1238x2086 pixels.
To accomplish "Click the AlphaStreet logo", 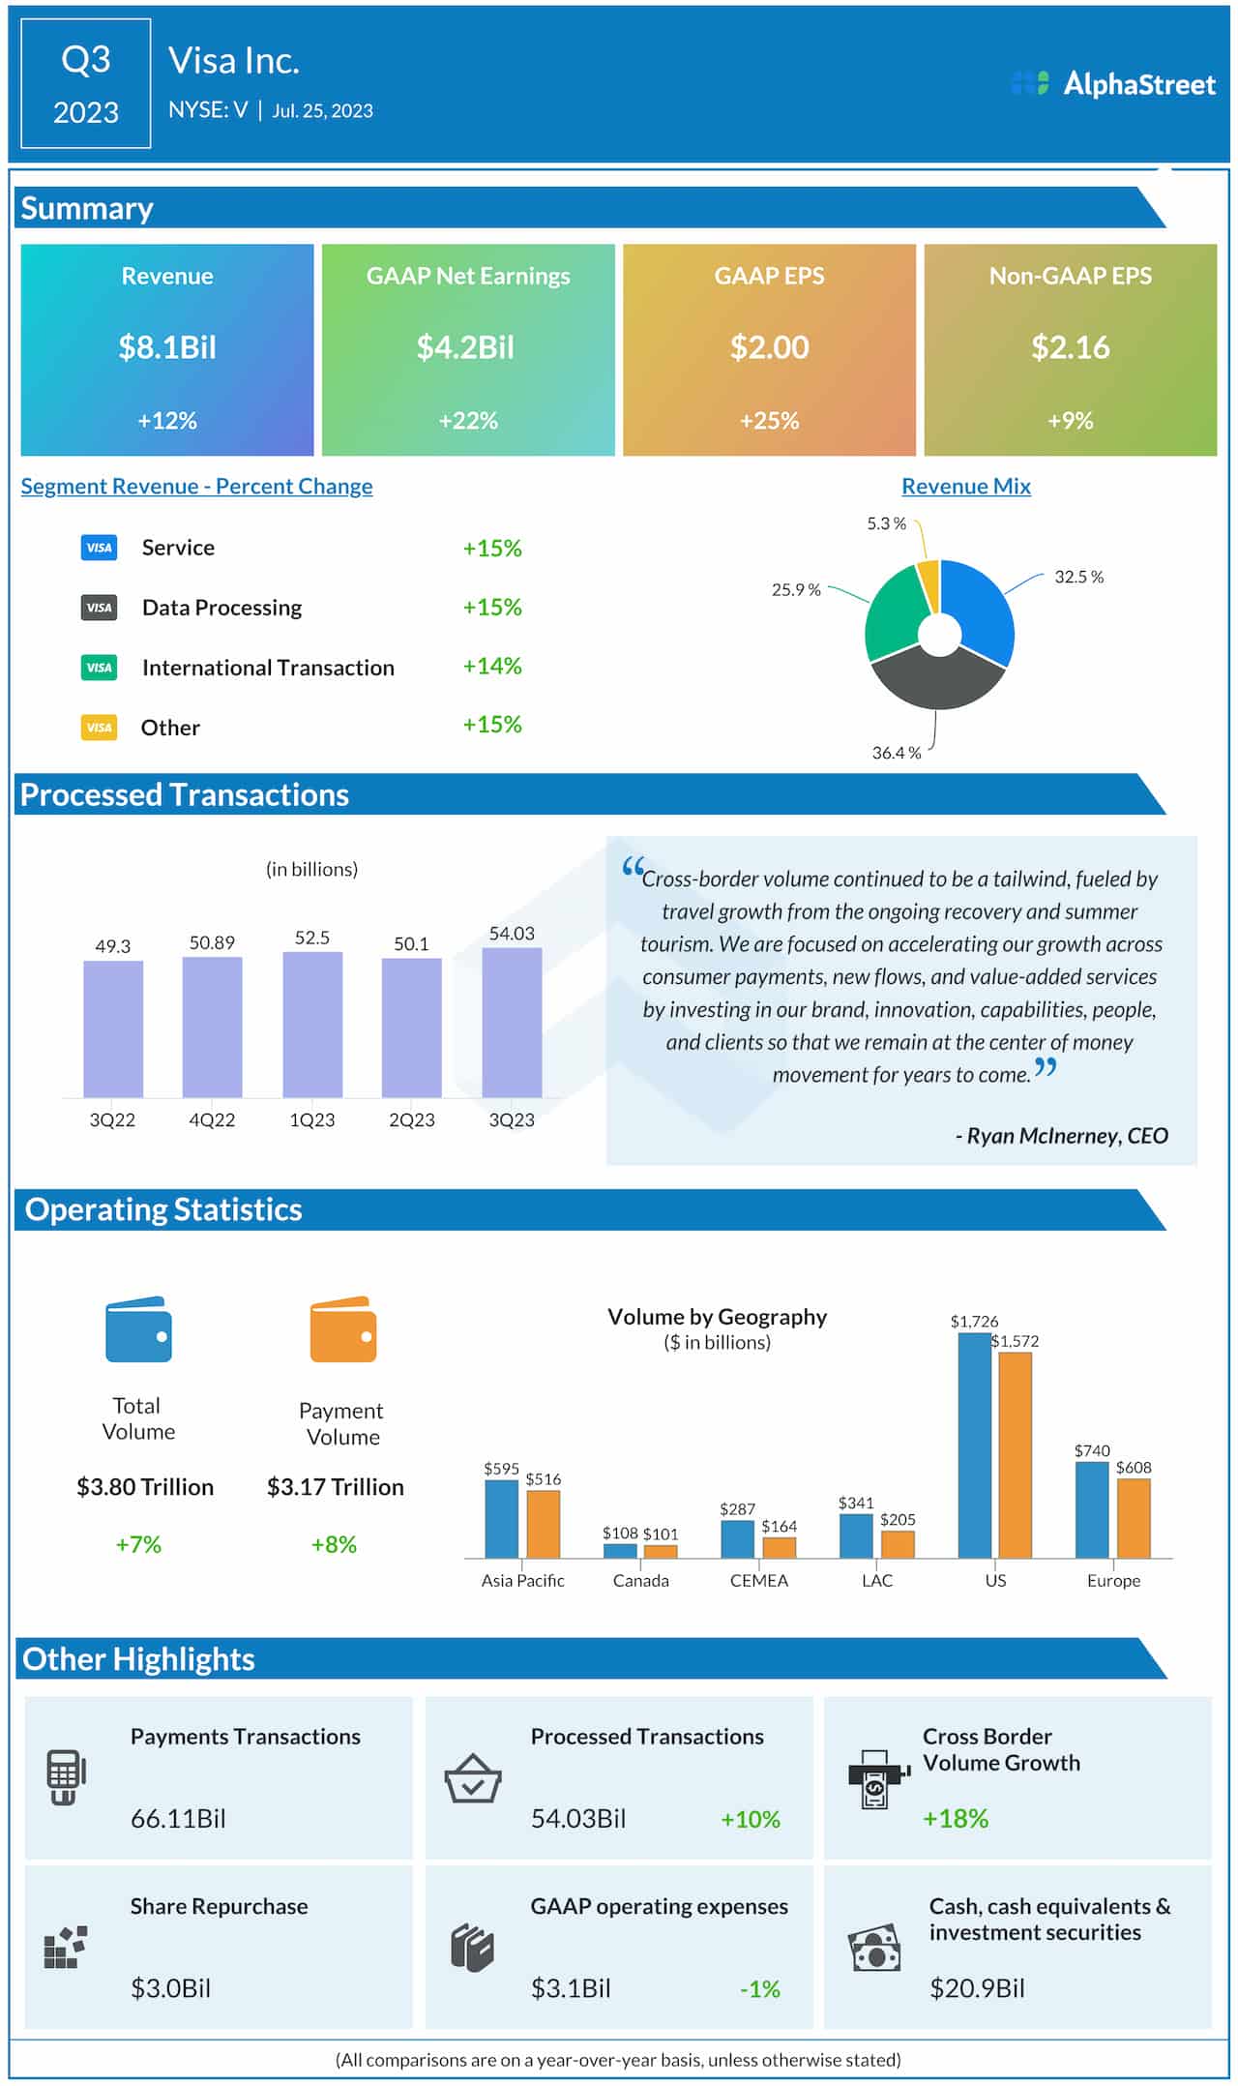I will (x=1112, y=84).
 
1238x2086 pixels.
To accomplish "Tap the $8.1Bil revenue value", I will (x=167, y=347).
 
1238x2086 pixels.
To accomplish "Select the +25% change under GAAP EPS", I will (x=769, y=421).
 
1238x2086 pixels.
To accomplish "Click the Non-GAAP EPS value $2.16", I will (x=1070, y=347).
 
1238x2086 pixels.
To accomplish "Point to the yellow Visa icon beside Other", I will (x=99, y=728).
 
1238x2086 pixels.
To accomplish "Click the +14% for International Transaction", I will (x=491, y=667).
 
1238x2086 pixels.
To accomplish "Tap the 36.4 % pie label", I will (x=896, y=753).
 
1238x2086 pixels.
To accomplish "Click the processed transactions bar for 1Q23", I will (x=312, y=1025).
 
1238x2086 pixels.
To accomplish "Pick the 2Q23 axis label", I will (x=411, y=1120).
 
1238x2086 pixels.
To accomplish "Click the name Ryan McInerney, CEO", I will (x=1062, y=1136).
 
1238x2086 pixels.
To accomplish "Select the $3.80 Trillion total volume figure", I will (x=145, y=1487).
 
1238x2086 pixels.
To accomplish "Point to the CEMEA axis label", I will (x=758, y=1581).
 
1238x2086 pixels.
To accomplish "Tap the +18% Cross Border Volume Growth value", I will (x=956, y=1819).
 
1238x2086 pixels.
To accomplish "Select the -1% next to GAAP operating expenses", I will (x=759, y=1989).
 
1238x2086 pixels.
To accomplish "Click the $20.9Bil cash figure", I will (x=977, y=1988).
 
